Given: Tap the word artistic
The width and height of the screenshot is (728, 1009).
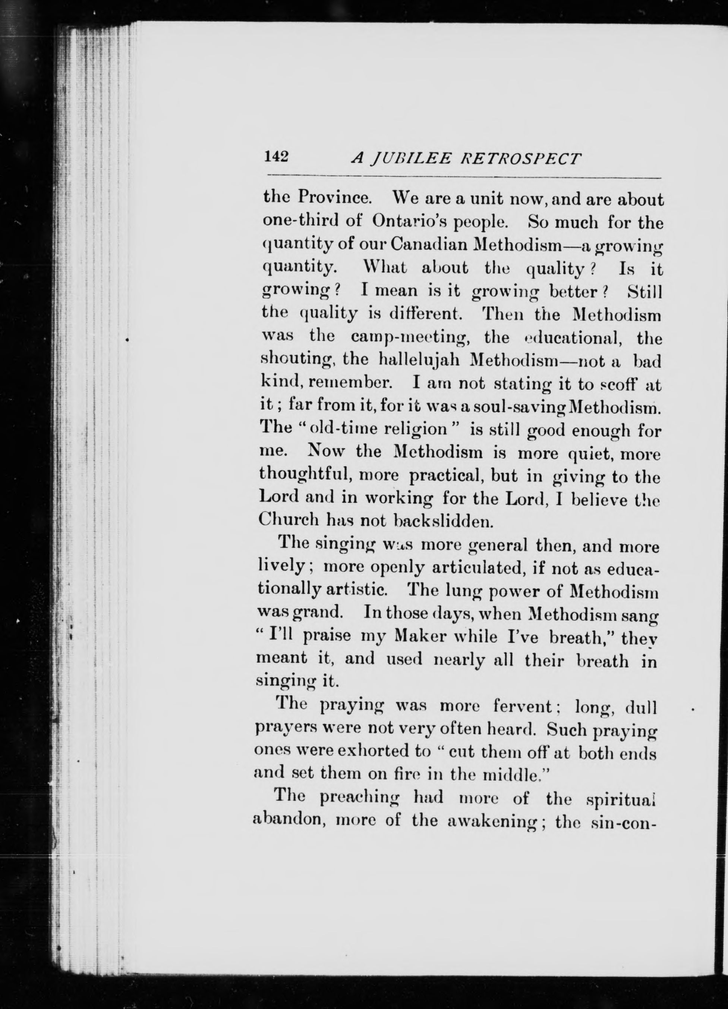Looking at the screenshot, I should tap(357, 592).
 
